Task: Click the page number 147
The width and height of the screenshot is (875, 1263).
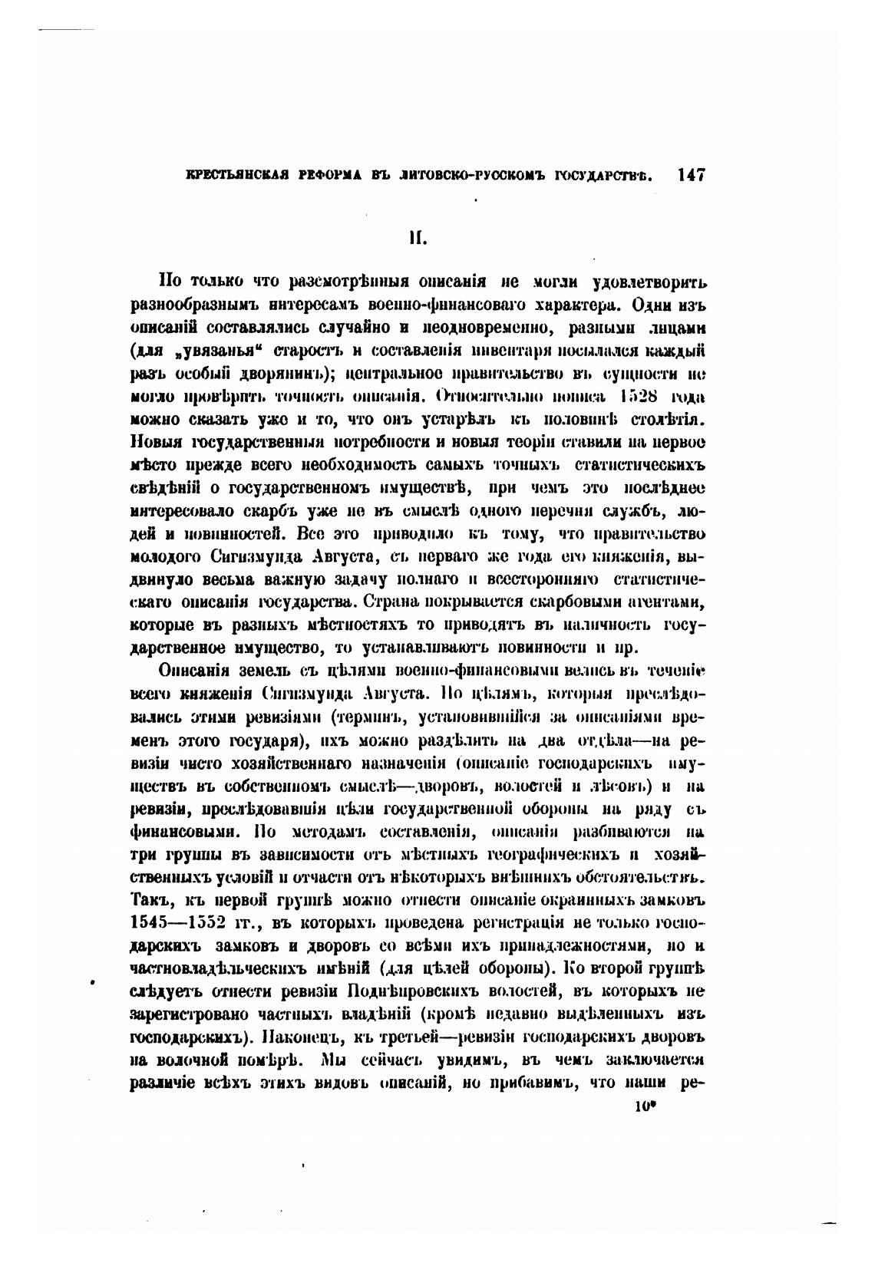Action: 690,174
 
